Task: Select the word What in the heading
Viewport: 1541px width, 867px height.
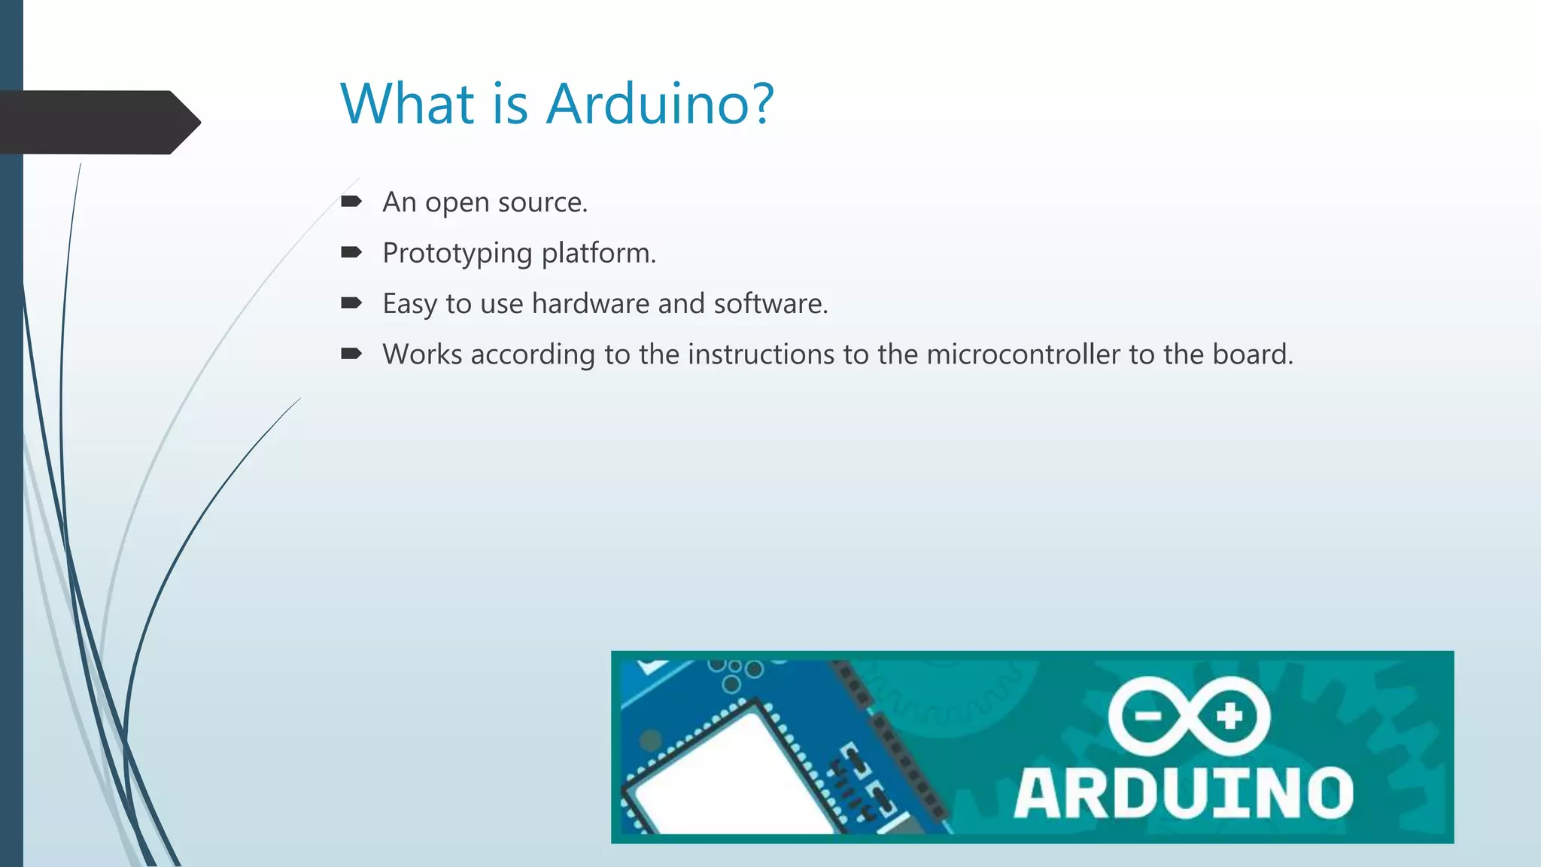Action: click(x=407, y=104)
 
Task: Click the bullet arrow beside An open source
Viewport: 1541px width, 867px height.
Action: click(x=351, y=202)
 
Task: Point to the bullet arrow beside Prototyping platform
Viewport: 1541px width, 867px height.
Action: click(x=351, y=253)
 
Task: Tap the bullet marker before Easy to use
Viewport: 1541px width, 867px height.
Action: click(x=351, y=303)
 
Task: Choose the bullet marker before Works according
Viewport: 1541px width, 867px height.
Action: click(x=351, y=354)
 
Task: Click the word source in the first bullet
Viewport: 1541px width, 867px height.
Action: click(x=542, y=203)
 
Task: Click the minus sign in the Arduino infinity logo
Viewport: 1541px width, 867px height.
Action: click(x=1148, y=716)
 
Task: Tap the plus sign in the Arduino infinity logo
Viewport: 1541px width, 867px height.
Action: click(x=1230, y=716)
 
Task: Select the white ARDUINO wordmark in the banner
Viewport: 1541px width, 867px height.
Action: click(x=1183, y=793)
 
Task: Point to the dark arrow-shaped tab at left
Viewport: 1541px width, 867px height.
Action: click(x=98, y=122)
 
